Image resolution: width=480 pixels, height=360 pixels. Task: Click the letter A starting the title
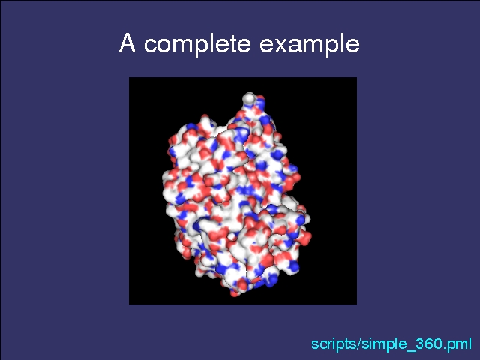click(127, 43)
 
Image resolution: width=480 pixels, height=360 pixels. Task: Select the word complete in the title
click(197, 44)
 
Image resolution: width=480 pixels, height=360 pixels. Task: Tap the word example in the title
click(310, 44)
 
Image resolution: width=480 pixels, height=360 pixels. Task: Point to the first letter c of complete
click(151, 45)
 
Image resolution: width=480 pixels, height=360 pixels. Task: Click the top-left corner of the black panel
click(129, 77)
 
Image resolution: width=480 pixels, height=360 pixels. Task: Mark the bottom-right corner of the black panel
click(357, 304)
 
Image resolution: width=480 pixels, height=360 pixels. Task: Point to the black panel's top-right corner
click(357, 77)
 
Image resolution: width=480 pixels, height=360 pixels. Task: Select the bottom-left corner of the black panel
click(129, 304)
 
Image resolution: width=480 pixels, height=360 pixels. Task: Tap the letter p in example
click(331, 47)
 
